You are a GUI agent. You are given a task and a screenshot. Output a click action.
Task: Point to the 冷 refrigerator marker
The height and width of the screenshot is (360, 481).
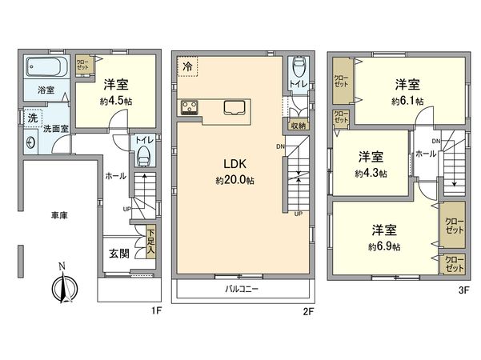pos(187,66)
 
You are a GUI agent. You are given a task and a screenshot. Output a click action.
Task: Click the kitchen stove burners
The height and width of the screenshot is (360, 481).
pos(190,107)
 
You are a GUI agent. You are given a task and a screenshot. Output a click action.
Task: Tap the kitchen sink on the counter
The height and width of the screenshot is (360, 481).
pos(235,107)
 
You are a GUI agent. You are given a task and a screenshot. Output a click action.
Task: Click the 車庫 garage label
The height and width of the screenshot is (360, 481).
pos(59,215)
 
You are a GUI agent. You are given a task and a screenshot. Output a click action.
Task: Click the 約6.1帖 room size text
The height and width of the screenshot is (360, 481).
pos(407,102)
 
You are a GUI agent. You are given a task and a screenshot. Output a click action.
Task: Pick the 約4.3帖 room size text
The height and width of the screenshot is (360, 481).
pos(370,173)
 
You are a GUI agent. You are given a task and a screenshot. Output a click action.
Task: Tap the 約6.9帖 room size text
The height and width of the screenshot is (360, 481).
pos(384,246)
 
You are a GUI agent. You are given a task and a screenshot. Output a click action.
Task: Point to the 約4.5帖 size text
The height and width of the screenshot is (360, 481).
pos(116,102)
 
